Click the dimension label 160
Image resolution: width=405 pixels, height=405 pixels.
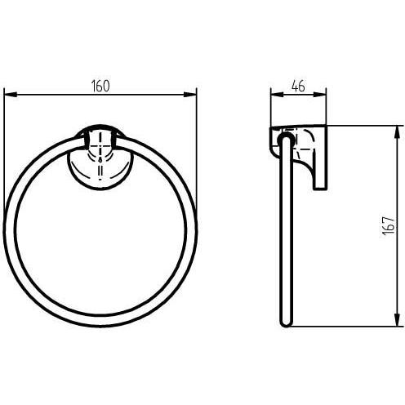coord(100,86)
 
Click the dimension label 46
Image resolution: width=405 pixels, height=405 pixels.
coord(298,86)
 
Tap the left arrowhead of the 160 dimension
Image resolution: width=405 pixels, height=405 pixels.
coord(11,95)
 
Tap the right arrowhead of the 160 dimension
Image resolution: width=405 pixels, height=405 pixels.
coord(190,95)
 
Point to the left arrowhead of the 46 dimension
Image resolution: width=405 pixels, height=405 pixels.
coord(278,95)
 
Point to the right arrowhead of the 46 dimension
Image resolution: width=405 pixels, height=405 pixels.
coord(320,95)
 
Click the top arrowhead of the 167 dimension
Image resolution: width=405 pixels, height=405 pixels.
coord(398,132)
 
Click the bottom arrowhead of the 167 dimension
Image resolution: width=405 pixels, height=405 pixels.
coord(398,319)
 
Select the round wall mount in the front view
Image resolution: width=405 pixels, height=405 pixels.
coord(100,158)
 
